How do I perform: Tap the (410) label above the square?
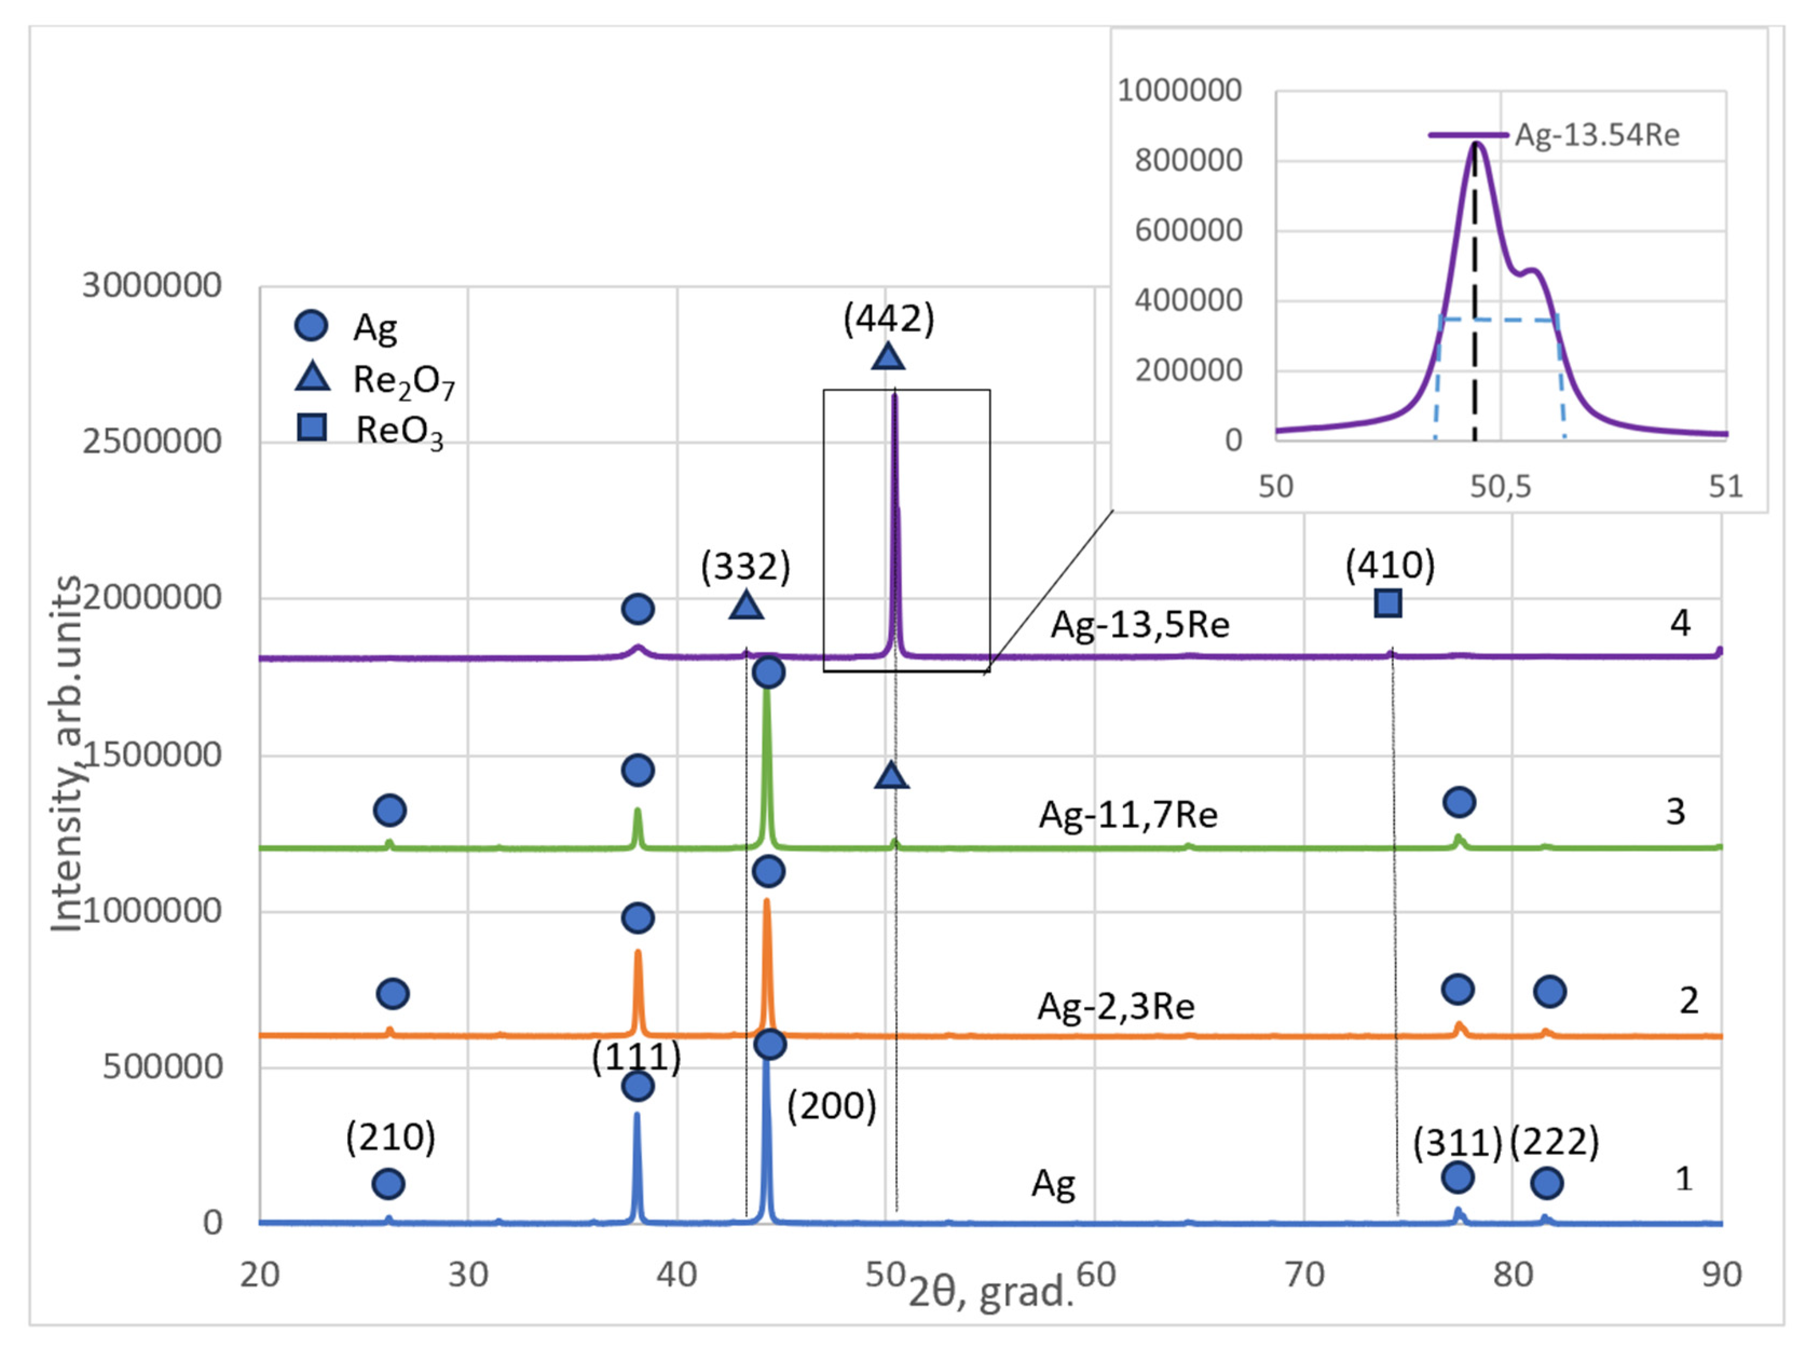coord(1390,565)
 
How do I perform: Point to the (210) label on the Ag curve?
coord(390,1137)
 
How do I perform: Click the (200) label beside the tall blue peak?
coord(831,1106)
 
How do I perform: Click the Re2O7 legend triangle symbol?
coord(312,378)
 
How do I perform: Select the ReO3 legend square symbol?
coord(312,427)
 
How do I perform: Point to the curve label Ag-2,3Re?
coord(1116,1006)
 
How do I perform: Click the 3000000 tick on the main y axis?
coord(152,285)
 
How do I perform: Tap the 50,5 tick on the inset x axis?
coord(1501,487)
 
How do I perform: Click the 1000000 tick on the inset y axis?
coord(1179,90)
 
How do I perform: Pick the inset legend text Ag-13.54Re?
coord(1597,135)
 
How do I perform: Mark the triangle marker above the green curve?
coord(891,775)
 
